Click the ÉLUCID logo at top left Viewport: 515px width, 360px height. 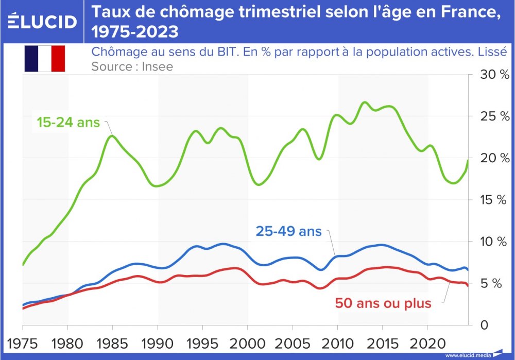(43, 22)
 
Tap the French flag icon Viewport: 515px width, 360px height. (44, 59)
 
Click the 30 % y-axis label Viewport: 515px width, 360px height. (494, 75)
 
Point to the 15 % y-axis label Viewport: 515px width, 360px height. (494, 200)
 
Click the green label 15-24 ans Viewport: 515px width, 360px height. (68, 123)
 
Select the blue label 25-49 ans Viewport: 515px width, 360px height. (288, 231)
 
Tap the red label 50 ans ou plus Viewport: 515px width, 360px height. (383, 303)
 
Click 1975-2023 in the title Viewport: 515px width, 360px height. (135, 32)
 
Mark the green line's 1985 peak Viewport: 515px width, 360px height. (112, 135)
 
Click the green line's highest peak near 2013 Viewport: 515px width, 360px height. (364, 102)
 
